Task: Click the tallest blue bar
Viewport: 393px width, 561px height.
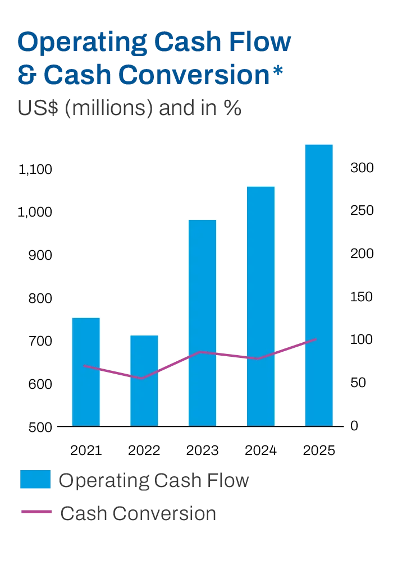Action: pyautogui.click(x=319, y=283)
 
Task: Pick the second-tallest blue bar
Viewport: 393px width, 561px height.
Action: pyautogui.click(x=260, y=306)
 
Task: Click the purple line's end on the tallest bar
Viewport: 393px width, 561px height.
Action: pyautogui.click(x=317, y=339)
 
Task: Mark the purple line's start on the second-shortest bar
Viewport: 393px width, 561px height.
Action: pyautogui.click(x=84, y=366)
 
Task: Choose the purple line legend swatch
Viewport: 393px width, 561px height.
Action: pyautogui.click(x=35, y=512)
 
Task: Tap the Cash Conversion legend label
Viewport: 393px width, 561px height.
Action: pyautogui.click(x=136, y=512)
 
